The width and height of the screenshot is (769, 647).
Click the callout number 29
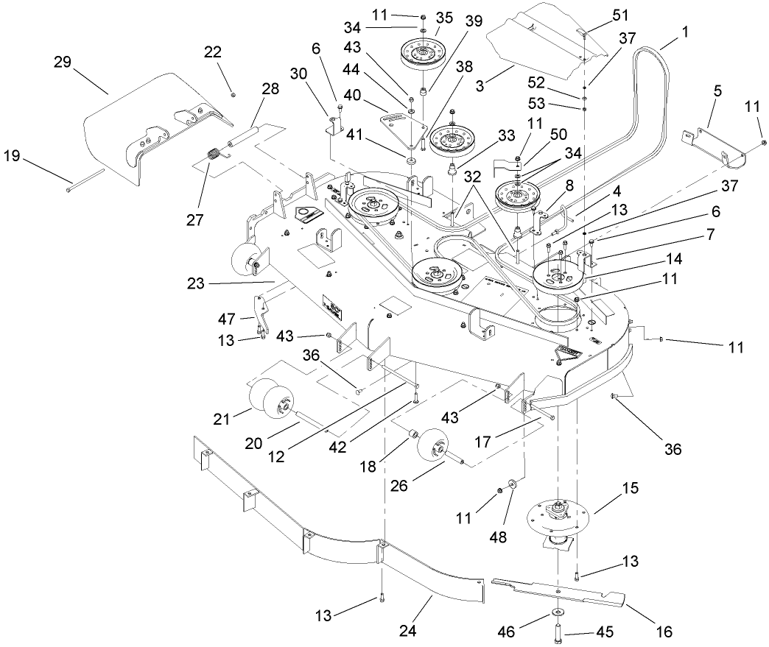click(61, 63)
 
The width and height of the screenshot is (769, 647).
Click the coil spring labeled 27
click(213, 156)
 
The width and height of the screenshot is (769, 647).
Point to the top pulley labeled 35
click(425, 53)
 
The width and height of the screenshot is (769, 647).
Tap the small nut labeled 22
click(233, 93)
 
